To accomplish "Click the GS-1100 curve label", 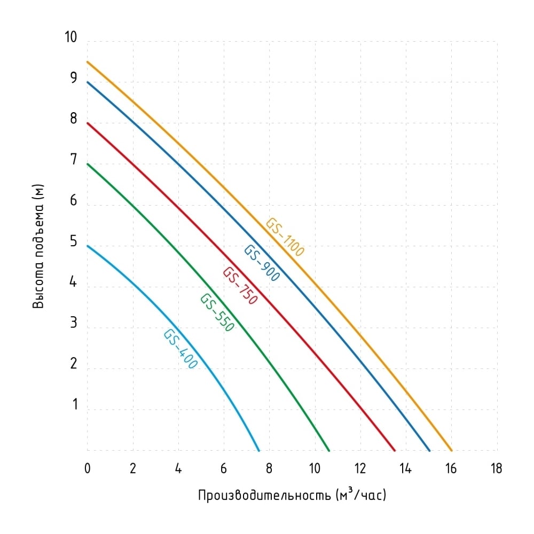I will click(x=285, y=238).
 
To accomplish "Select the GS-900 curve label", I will click(x=262, y=264).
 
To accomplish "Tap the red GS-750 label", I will click(x=240, y=286).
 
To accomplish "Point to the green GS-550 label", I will click(x=217, y=313).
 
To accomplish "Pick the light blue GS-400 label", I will click(x=180, y=350).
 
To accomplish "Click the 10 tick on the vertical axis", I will click(x=70, y=37).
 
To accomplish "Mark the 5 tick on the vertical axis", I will click(x=74, y=242).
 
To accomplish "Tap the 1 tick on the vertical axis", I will click(x=75, y=405).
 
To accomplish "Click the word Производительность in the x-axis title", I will click(x=264, y=496).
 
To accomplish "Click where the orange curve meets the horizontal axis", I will click(x=452, y=450).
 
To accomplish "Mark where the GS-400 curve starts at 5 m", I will click(x=88, y=246).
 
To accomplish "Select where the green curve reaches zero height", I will click(x=329, y=450).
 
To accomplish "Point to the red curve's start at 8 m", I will click(x=88, y=123).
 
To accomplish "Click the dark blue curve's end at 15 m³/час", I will click(x=429, y=450).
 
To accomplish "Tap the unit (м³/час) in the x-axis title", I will click(x=361, y=495).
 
